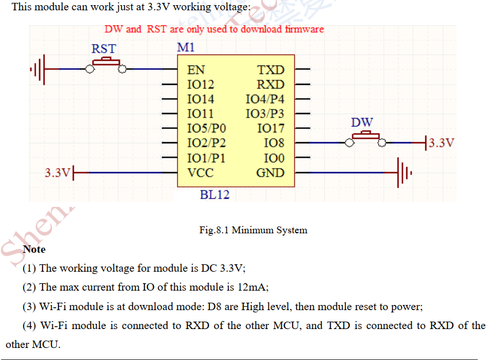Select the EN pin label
pyautogui.click(x=196, y=70)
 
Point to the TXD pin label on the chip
pyautogui.click(x=271, y=70)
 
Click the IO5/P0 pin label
pyautogui.click(x=207, y=128)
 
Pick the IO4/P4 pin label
pyautogui.click(x=264, y=99)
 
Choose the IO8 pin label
pyautogui.click(x=274, y=143)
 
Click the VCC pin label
pyautogui.click(x=200, y=173)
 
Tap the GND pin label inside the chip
pyautogui.click(x=270, y=173)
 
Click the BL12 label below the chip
pyautogui.click(x=215, y=195)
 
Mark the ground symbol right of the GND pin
pyautogui.click(x=404, y=172)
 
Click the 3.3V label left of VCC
pyautogui.click(x=57, y=172)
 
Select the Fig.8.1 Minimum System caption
pyautogui.click(x=253, y=230)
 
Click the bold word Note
pyautogui.click(x=34, y=249)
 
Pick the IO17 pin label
pyautogui.click(x=271, y=128)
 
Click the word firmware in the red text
pyautogui.click(x=304, y=29)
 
